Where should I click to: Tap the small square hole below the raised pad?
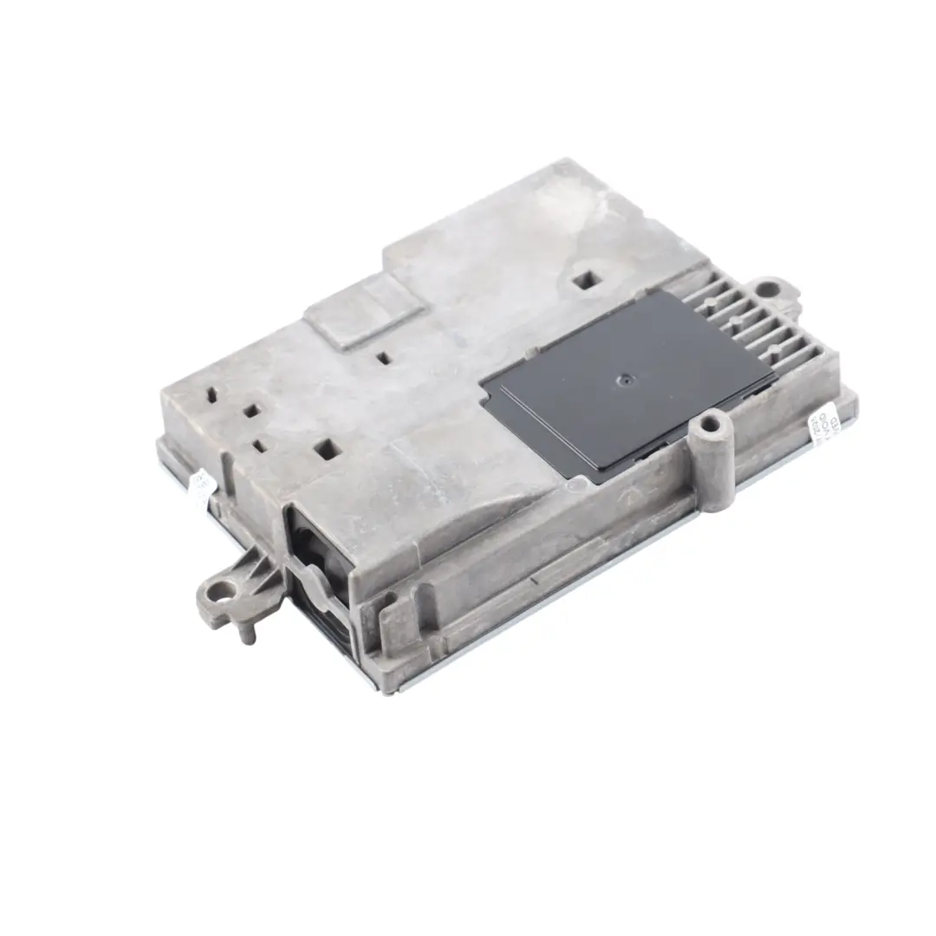click(x=381, y=356)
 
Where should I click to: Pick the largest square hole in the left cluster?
click(x=327, y=448)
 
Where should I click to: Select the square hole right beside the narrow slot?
click(x=250, y=410)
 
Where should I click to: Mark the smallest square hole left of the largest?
click(x=259, y=445)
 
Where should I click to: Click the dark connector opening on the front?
click(x=318, y=563)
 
